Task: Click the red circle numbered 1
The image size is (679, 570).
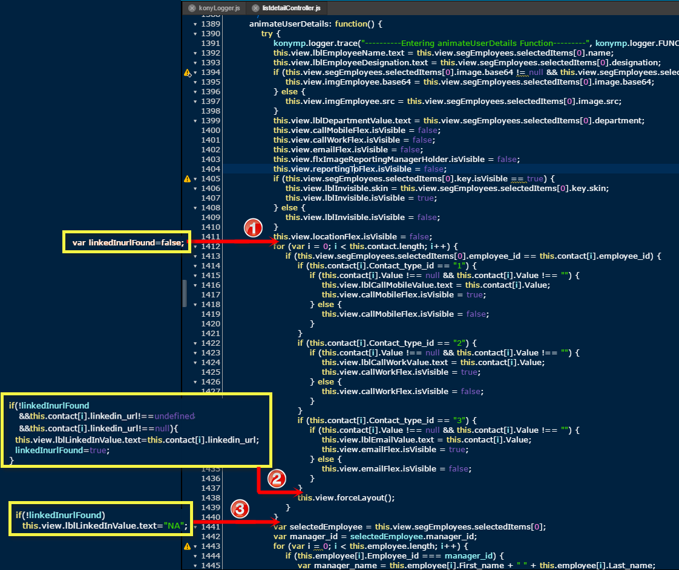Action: click(x=254, y=227)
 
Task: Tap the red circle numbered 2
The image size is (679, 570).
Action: click(x=277, y=479)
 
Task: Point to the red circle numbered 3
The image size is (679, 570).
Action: click(x=240, y=509)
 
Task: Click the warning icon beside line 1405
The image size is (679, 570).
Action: click(x=187, y=178)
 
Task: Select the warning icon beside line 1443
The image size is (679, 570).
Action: click(x=187, y=546)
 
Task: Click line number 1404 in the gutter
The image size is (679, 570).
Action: click(x=211, y=169)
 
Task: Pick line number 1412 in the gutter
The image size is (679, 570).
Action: click(x=211, y=247)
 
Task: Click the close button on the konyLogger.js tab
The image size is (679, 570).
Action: click(x=192, y=8)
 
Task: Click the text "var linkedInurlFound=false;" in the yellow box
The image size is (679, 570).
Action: click(x=128, y=242)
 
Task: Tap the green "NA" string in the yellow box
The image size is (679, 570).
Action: click(x=174, y=526)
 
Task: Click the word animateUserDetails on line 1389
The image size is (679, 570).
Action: click(x=284, y=24)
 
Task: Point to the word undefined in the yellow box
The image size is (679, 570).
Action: click(x=174, y=416)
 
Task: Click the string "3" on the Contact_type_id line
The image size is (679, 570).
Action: click(x=459, y=420)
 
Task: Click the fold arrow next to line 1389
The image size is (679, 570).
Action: click(x=195, y=24)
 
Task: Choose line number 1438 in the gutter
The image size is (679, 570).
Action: click(x=211, y=498)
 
